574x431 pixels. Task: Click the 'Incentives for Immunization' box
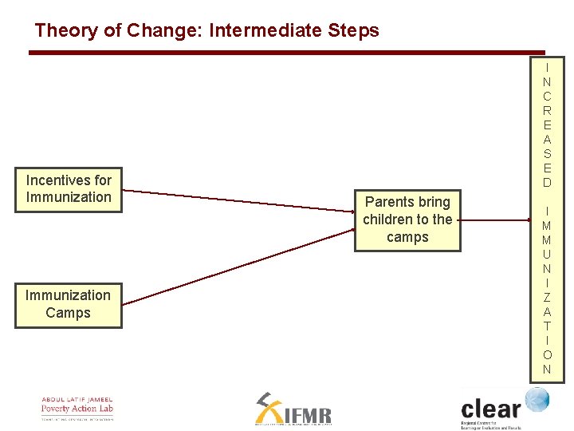click(x=69, y=189)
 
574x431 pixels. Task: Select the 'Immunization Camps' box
click(x=69, y=304)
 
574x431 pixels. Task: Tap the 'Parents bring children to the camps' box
click(x=407, y=219)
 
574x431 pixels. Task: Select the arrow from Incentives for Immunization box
click(x=239, y=201)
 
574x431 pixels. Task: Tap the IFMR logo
click(x=293, y=409)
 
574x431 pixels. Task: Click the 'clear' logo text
click(x=490, y=409)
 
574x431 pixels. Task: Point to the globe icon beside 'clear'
click(x=537, y=399)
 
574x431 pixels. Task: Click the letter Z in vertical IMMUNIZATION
click(x=547, y=297)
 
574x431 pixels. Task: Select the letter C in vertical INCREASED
click(x=547, y=96)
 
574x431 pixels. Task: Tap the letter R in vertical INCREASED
click(x=547, y=110)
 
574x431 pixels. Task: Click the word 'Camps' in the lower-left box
click(x=69, y=313)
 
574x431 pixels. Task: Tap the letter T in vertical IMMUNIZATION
click(x=547, y=326)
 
